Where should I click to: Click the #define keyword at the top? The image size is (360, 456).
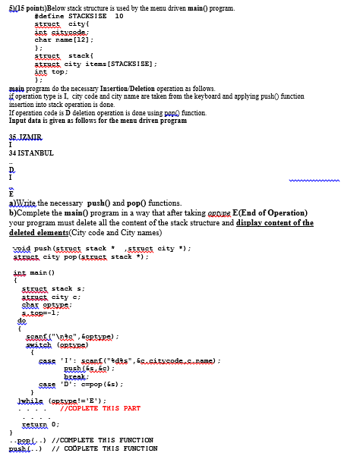(47, 16)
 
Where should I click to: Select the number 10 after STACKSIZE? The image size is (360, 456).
(118, 16)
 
